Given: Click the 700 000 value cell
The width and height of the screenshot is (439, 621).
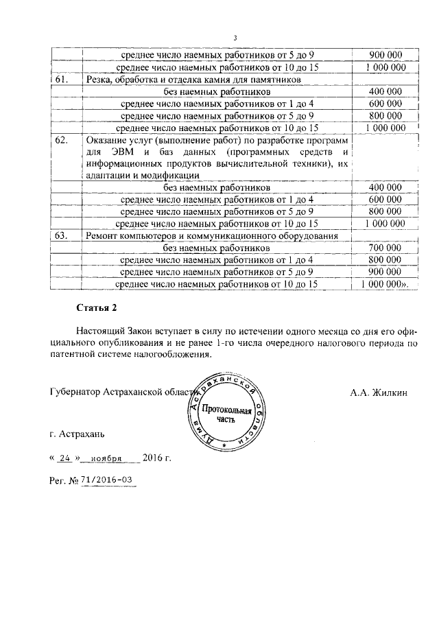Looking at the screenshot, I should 385,248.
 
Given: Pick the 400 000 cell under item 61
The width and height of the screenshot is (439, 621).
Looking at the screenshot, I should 385,91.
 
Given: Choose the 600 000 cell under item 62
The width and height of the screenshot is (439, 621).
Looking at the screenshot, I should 385,199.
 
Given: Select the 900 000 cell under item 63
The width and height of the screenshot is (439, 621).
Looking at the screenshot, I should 385,272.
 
